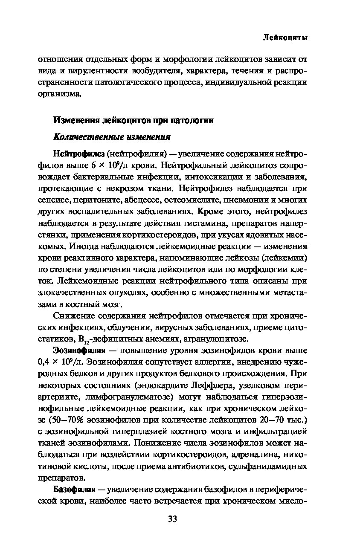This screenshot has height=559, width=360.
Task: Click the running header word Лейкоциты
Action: coord(285,38)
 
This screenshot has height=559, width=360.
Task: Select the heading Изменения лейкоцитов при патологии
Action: coord(133,120)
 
